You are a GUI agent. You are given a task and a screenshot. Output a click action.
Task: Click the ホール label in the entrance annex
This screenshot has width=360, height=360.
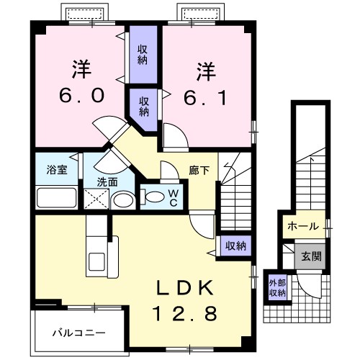point(303,226)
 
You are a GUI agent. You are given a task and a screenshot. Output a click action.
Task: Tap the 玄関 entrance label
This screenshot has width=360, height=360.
point(311,255)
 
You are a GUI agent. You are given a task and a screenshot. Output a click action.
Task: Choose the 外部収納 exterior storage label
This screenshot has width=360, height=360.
point(277,287)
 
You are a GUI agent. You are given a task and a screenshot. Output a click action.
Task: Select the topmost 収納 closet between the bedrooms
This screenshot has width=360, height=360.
point(143,55)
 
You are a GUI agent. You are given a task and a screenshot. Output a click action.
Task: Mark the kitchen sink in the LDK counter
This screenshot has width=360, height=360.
point(96,262)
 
